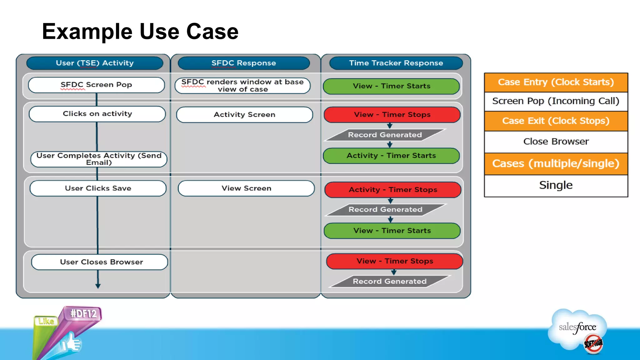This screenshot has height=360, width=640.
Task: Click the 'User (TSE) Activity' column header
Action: click(x=95, y=63)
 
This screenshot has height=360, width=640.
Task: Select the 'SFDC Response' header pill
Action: click(x=244, y=63)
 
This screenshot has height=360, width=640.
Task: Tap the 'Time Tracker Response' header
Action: click(x=396, y=63)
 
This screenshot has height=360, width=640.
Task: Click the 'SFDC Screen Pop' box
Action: click(x=96, y=85)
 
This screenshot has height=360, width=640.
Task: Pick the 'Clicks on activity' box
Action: click(x=97, y=114)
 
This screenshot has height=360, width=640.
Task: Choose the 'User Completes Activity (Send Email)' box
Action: click(x=99, y=159)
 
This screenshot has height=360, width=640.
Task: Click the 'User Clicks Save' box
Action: click(x=98, y=188)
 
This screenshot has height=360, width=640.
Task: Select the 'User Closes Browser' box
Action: click(x=100, y=262)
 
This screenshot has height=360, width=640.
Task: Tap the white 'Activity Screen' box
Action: click(x=244, y=115)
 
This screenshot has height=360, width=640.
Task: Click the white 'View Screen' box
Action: click(x=246, y=188)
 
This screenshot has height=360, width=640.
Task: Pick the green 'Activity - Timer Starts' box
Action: click(x=391, y=156)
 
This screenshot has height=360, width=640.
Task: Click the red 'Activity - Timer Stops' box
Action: click(x=393, y=190)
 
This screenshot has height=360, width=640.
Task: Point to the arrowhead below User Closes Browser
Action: click(x=98, y=286)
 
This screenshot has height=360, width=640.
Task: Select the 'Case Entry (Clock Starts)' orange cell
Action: click(x=556, y=82)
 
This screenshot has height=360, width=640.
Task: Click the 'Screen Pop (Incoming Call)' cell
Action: click(x=556, y=101)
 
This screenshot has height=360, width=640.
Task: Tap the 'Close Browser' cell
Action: click(x=556, y=142)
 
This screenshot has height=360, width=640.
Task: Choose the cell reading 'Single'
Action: click(x=556, y=185)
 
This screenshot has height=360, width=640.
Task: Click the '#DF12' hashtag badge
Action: click(x=83, y=313)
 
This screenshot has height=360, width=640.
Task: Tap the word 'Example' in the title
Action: click(x=87, y=32)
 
